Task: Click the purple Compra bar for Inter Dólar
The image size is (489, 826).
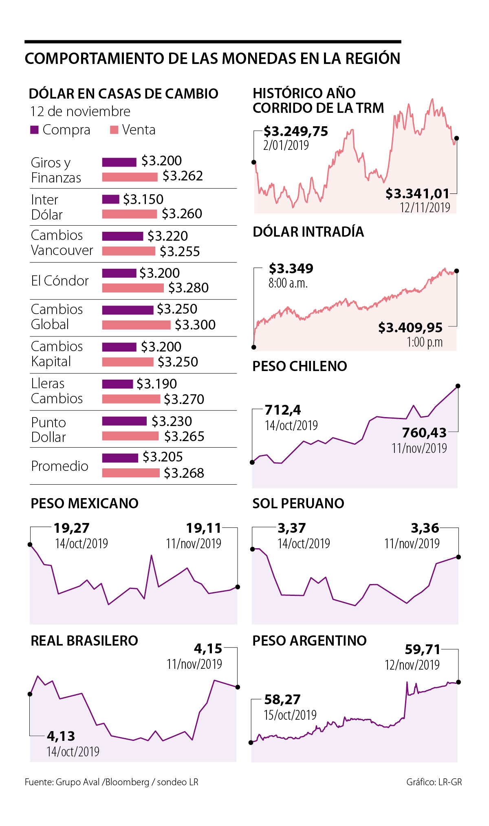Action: (110, 199)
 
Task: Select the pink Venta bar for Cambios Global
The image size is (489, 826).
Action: (136, 325)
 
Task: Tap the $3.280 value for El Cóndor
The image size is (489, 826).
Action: (188, 288)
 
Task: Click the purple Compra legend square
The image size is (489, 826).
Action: (34, 130)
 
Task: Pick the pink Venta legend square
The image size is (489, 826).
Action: (114, 130)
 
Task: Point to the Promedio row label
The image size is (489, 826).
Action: (59, 466)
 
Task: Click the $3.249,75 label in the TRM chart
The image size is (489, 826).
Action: (295, 132)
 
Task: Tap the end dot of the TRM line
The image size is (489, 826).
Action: (456, 138)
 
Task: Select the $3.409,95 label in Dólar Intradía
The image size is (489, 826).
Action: (410, 327)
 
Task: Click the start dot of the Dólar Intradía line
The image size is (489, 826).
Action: (254, 347)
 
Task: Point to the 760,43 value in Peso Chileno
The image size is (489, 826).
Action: (424, 433)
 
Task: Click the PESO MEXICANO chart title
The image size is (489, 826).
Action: (85, 503)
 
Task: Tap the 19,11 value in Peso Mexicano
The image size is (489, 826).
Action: (203, 528)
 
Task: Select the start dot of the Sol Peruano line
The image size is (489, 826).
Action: (252, 549)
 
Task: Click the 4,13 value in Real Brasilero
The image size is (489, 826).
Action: (61, 736)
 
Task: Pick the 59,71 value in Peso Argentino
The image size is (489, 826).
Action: (423, 649)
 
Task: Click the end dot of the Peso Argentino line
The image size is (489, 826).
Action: (458, 682)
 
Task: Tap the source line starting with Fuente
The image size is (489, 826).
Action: (111, 782)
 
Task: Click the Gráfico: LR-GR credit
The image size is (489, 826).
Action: (434, 782)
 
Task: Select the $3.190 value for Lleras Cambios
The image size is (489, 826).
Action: (156, 384)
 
